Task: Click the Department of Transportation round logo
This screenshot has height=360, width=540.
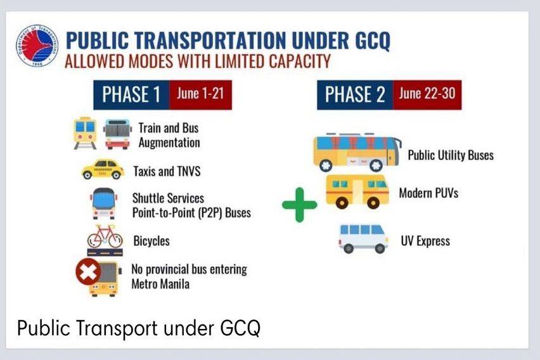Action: [37, 46]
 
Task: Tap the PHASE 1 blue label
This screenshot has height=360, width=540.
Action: [131, 94]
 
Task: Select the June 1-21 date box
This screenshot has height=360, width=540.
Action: [200, 94]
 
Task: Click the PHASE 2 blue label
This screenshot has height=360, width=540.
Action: [355, 94]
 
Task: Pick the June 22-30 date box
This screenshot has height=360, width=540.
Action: [427, 94]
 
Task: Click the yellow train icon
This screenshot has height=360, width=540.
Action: [85, 133]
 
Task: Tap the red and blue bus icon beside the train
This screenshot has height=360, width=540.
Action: [117, 134]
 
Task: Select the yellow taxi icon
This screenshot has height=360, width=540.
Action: [103, 169]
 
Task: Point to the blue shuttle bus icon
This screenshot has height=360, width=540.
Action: [103, 203]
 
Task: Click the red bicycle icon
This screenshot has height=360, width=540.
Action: [105, 236]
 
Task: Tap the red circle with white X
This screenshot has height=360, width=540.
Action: [88, 272]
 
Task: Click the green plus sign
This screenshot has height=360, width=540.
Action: [299, 205]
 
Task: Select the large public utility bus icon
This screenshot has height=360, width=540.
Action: [357, 152]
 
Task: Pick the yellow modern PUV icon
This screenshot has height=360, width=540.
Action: [357, 192]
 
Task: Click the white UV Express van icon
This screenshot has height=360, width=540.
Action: [363, 239]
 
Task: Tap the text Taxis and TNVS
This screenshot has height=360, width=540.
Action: [167, 171]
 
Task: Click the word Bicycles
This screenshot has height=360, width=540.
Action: [151, 241]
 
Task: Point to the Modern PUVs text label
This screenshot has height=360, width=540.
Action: [428, 193]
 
